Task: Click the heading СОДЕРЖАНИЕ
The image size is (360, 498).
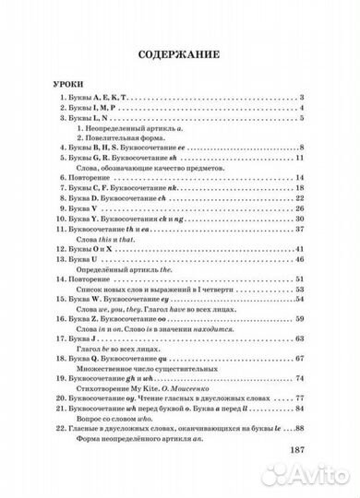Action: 181,54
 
